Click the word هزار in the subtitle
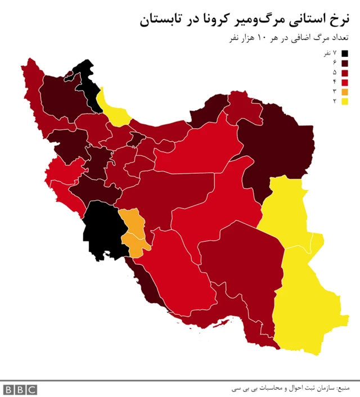click(x=246, y=38)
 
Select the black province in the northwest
click(x=88, y=84)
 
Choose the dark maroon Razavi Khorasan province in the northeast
click(x=276, y=146)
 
